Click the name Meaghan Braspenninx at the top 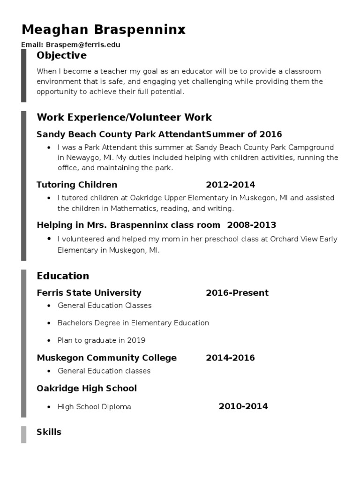(104, 30)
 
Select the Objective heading (61, 56)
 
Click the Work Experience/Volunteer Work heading (124, 117)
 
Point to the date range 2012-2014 (230, 185)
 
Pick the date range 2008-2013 (252, 225)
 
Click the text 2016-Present (237, 293)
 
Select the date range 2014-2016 (230, 358)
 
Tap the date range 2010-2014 (243, 406)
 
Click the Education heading (63, 276)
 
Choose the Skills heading (49, 432)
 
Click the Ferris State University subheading (89, 293)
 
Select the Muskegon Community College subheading (106, 358)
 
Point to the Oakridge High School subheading (87, 388)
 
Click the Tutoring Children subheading (77, 185)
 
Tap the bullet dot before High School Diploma (49, 407)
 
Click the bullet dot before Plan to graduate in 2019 (49, 340)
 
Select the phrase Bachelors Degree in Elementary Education (133, 323)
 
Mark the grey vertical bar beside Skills (23, 435)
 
